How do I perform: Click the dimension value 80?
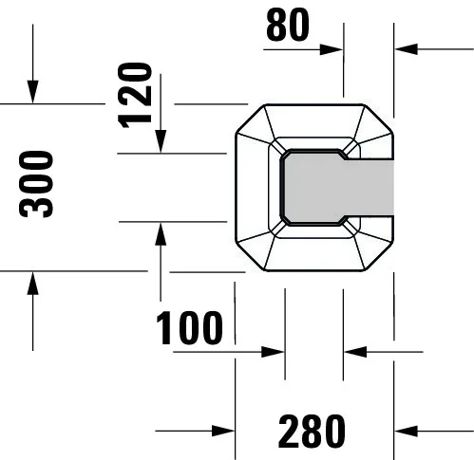(288, 25)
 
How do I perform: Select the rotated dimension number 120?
(138, 93)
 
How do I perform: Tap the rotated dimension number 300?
(38, 184)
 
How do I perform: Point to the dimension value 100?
(190, 327)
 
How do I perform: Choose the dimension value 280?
(312, 432)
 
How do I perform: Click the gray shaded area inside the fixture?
(342, 187)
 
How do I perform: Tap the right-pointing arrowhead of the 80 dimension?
(333, 49)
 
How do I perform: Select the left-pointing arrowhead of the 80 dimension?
(405, 49)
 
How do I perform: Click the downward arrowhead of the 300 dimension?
(33, 93)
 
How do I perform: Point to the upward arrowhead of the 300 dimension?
(33, 281)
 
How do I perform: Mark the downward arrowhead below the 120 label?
(161, 142)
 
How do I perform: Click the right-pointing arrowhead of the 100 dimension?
(275, 351)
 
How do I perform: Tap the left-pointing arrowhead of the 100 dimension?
(354, 351)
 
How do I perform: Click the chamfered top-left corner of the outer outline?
(248, 118)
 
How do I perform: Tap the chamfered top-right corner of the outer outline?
(379, 118)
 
